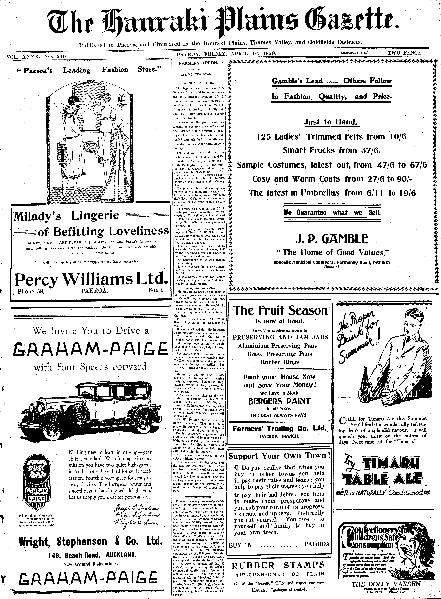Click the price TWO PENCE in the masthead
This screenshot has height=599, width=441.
(405, 53)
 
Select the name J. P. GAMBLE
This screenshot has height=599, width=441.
(332, 239)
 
